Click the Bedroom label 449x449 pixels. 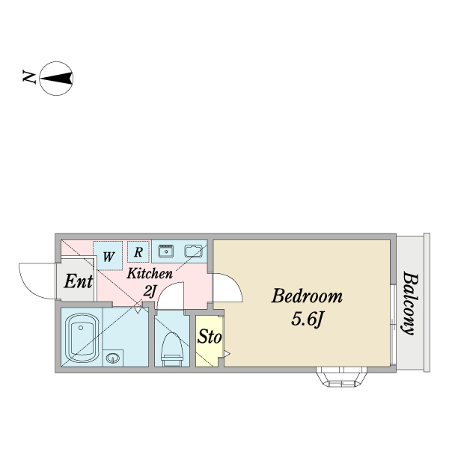(x=307, y=296)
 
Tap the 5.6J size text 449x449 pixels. (x=307, y=319)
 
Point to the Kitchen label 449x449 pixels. (x=150, y=273)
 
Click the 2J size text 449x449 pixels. (x=150, y=292)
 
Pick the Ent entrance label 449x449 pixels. (x=78, y=281)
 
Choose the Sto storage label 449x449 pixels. (x=210, y=336)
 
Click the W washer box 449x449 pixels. (x=109, y=256)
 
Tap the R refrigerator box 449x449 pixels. (x=138, y=251)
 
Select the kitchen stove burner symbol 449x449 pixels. (x=166, y=251)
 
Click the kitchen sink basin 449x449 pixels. (x=194, y=251)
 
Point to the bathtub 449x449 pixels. (x=82, y=337)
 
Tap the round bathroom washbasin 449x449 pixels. (x=112, y=358)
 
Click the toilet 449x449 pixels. (x=172, y=349)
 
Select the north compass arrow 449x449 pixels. (x=56, y=78)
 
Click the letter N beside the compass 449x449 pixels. (x=29, y=77)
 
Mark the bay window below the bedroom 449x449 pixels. (x=341, y=377)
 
